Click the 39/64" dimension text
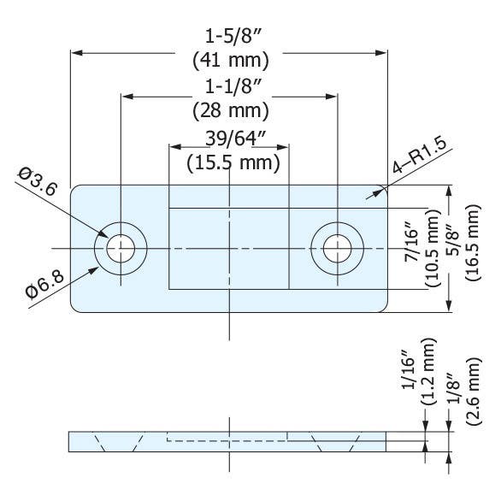[x=228, y=139]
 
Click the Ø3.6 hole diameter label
[x=37, y=182]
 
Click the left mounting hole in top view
[x=121, y=249]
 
